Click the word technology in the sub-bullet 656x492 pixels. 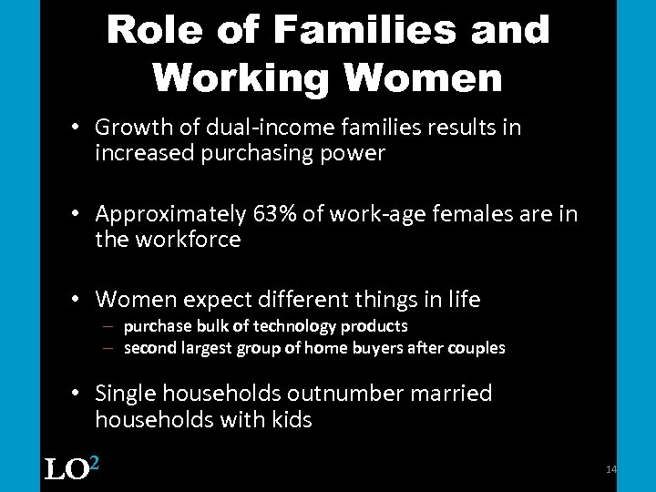(x=300, y=326)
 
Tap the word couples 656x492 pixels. (x=475, y=348)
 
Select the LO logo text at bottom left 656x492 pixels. (x=66, y=470)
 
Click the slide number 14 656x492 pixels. (x=611, y=469)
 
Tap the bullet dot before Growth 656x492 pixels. (x=80, y=128)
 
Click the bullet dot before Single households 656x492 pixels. (x=80, y=394)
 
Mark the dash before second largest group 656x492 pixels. (x=108, y=348)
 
